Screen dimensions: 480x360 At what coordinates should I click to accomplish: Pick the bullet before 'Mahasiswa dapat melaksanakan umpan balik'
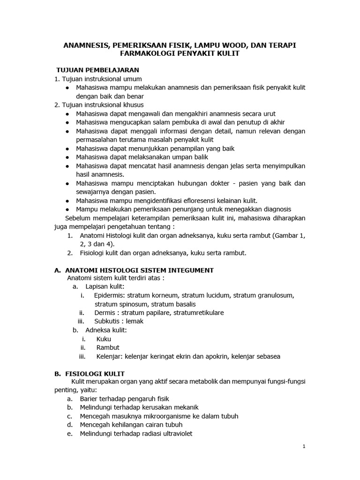pyautogui.click(x=68, y=157)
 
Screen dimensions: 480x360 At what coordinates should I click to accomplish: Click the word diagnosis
pyautogui.click(x=275, y=209)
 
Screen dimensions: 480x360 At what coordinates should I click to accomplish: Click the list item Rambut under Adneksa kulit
pyautogui.click(x=108, y=347)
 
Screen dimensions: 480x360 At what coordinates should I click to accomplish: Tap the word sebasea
pyautogui.click(x=266, y=356)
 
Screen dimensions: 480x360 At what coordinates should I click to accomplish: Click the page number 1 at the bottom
pyautogui.click(x=304, y=447)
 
